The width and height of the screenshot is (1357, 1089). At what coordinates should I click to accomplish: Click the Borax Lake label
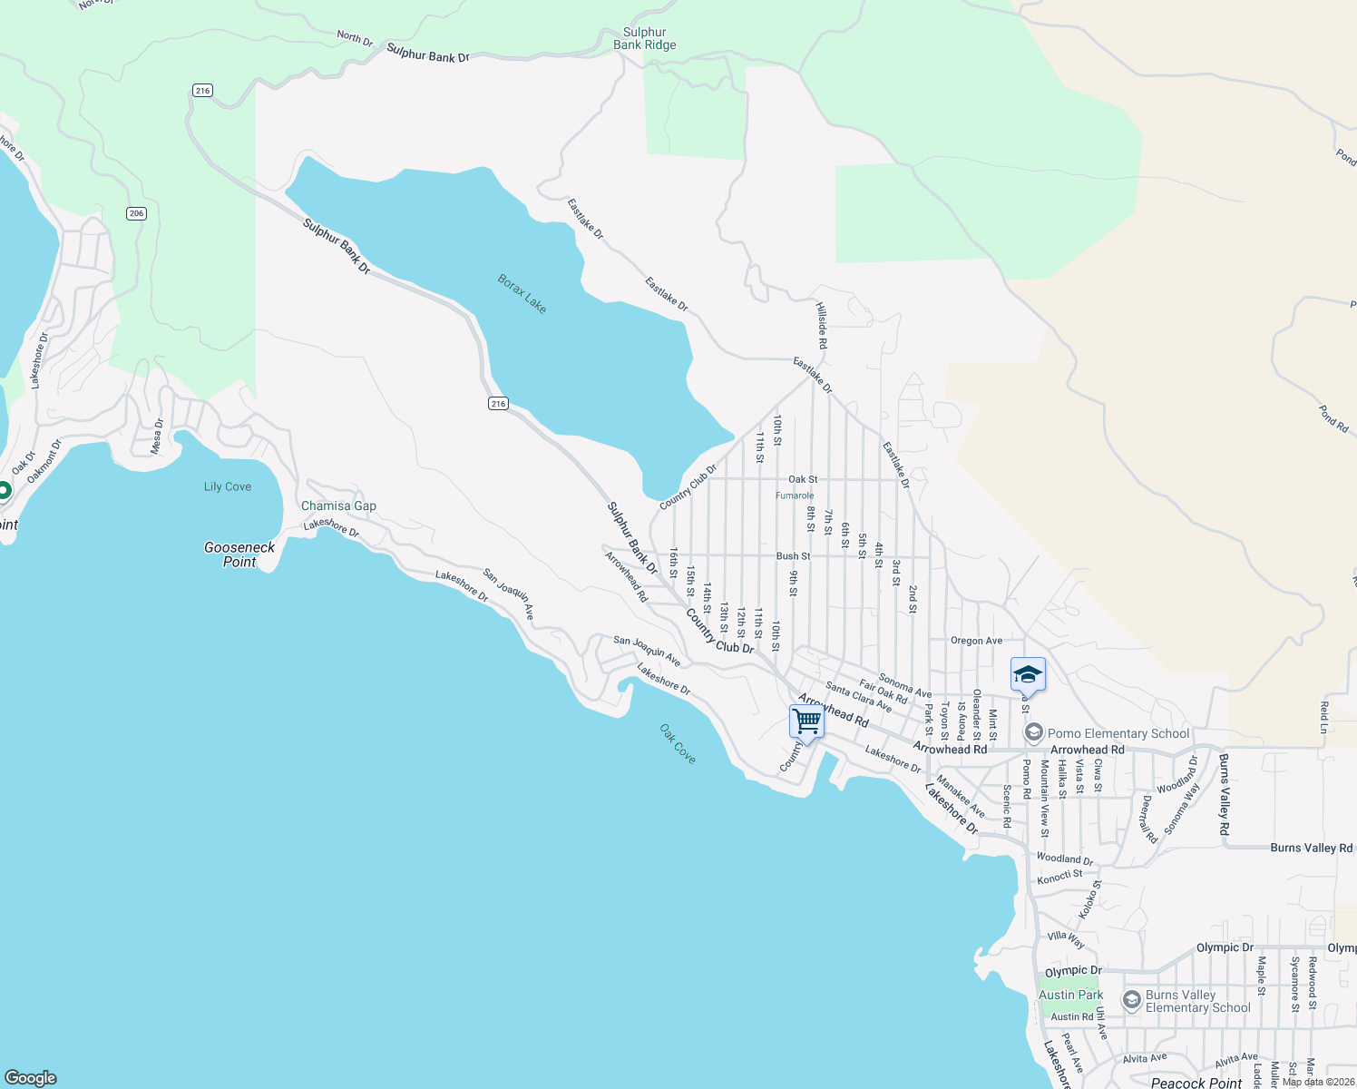coord(522,294)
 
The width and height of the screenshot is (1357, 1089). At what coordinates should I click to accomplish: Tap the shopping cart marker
coord(806,722)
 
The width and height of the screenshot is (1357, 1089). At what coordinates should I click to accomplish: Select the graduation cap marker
coord(1028,675)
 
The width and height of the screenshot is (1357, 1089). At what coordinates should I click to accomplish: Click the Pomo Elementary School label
coord(1118,733)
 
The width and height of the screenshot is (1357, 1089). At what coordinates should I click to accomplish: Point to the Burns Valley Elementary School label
coord(1197,1001)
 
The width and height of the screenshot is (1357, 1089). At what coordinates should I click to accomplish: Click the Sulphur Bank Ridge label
coord(644,38)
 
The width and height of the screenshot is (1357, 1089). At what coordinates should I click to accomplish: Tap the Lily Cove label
coord(228,486)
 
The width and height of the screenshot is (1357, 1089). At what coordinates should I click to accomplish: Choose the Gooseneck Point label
coord(239,554)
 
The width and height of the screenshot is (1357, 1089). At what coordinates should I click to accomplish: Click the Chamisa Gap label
coord(338,505)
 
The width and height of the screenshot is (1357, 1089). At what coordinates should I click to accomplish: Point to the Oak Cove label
coord(678,743)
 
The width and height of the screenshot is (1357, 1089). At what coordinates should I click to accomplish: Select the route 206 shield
coord(136,213)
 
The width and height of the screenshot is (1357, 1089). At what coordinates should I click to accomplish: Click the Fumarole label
coord(795,495)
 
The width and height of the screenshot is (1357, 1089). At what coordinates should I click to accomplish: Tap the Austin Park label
coord(1071,995)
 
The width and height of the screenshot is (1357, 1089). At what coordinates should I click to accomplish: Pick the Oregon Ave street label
coord(976,641)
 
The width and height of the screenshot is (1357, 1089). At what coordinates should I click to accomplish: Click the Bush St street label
coord(793,556)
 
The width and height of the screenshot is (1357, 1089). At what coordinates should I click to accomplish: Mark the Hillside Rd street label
coord(822,326)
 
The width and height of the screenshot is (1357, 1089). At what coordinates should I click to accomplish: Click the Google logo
coord(31,1077)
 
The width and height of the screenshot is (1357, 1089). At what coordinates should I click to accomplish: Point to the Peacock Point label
coord(1196,1083)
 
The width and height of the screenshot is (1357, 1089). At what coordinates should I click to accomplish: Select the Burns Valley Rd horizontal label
coord(1311,848)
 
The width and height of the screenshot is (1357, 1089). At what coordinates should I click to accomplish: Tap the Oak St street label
coord(803,479)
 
